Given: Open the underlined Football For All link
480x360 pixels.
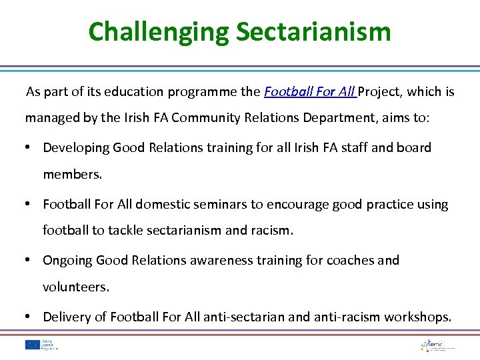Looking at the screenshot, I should [x=311, y=91].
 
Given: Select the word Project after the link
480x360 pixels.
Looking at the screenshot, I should [x=380, y=91].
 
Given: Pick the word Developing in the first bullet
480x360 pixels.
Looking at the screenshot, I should [x=76, y=147].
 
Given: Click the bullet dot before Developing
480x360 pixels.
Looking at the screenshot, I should [x=31, y=147].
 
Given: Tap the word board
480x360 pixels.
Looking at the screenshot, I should [x=414, y=147].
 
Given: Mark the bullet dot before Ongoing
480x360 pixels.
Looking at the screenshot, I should [x=31, y=260].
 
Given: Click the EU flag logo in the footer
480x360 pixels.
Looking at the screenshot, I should [x=31, y=345].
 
